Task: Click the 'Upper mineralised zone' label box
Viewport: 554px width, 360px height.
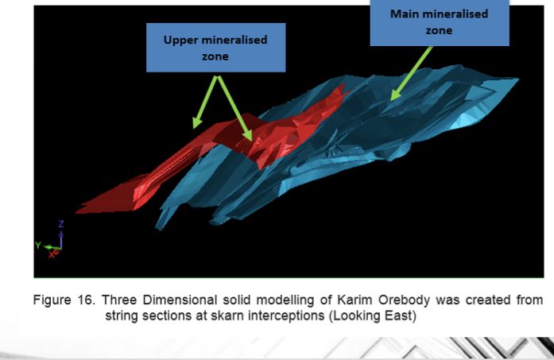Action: coord(216,48)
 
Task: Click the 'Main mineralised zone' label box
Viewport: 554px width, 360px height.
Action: coord(440,22)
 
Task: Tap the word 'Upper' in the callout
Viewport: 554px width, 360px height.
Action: coord(180,41)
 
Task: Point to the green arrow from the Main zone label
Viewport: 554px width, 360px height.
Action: coord(412,73)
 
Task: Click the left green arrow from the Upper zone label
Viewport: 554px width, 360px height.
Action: coord(204,102)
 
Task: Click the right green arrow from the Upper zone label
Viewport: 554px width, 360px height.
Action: coord(234,108)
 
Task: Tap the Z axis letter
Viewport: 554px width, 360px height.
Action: coord(61,224)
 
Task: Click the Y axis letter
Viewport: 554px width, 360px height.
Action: coord(38,245)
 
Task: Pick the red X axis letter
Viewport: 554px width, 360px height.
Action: coord(52,255)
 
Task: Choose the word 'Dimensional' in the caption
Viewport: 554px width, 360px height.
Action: coord(180,300)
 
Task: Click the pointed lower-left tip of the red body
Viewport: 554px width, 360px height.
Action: coord(76,213)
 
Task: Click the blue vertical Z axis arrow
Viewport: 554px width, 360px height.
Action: coord(61,239)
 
